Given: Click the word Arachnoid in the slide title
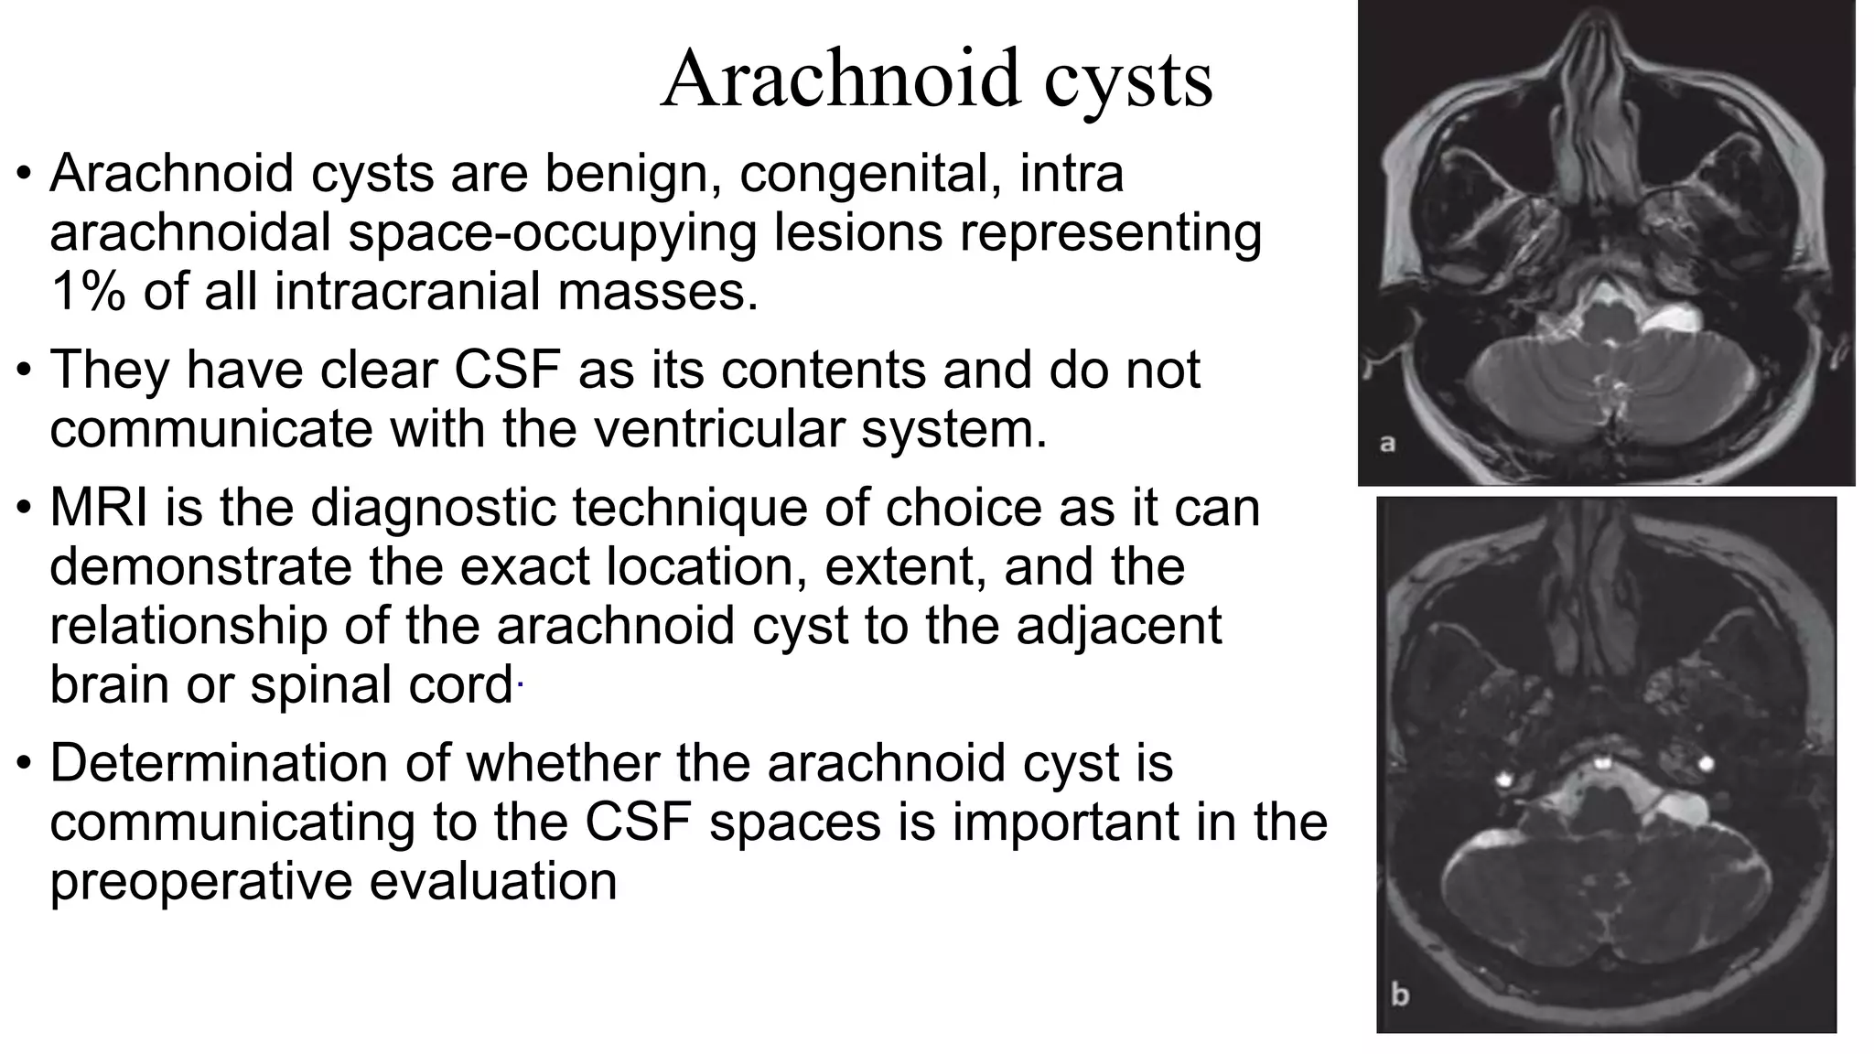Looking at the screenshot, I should (x=840, y=79).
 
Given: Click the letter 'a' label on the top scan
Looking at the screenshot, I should (x=1387, y=445).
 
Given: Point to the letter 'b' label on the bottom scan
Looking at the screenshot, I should (x=1400, y=994).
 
